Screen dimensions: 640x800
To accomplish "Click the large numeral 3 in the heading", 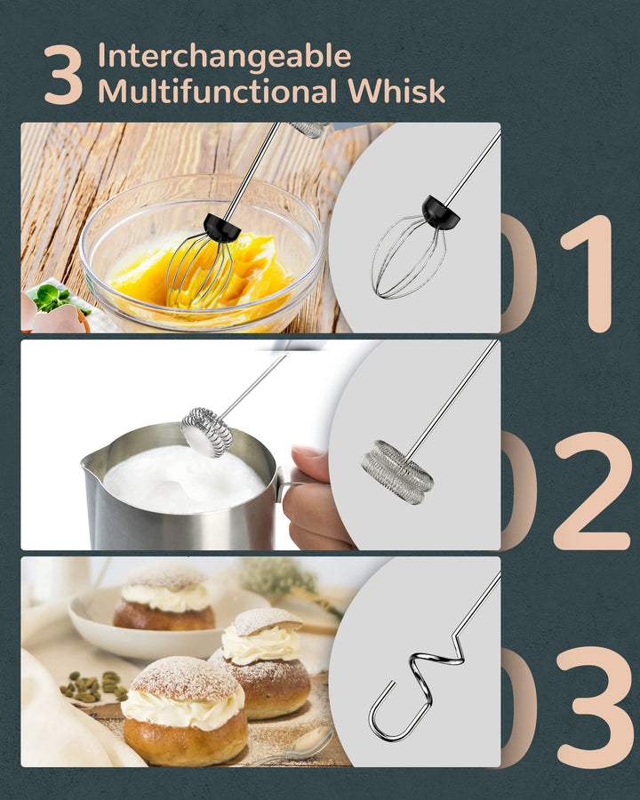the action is [x=63, y=75].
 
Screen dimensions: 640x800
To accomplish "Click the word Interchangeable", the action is [x=224, y=56].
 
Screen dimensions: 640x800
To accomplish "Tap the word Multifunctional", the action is [x=217, y=92].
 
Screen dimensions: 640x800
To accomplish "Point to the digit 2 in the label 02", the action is [x=591, y=491].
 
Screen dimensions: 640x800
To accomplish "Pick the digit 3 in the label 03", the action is [x=594, y=708].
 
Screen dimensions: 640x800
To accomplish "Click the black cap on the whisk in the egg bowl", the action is [x=221, y=228].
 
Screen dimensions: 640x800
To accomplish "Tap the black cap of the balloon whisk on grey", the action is [x=440, y=212].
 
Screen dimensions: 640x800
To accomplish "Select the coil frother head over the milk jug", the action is [x=207, y=432].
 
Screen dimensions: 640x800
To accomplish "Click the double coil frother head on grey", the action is [x=397, y=472].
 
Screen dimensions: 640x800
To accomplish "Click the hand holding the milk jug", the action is [x=312, y=498].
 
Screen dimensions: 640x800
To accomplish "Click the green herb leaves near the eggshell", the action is [x=54, y=299].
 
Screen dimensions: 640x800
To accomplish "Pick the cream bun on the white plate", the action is [x=164, y=599].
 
